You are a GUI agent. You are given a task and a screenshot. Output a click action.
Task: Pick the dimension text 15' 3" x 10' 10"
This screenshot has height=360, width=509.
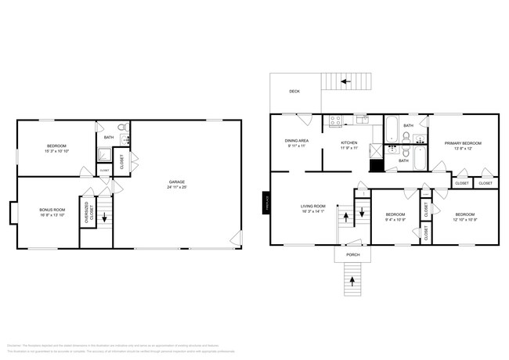pos(56,151)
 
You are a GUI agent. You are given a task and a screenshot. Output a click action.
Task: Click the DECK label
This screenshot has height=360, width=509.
pos(294,92)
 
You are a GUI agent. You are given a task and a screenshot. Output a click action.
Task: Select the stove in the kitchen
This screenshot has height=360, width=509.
pos(335,121)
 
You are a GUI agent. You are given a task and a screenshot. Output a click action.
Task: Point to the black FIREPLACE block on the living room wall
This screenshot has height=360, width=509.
pos(265,203)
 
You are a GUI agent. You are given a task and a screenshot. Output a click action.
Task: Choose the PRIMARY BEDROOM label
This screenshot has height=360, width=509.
pos(463,143)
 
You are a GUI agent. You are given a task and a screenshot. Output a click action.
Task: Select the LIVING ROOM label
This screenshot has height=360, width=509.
pos(313,206)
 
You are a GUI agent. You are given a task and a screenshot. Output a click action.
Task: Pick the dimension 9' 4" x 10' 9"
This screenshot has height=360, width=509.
pos(395,219)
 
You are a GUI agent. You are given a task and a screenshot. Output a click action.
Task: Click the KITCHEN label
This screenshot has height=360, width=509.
pos(349,142)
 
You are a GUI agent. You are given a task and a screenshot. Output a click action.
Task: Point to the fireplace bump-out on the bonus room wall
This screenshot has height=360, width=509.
pos(13,212)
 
